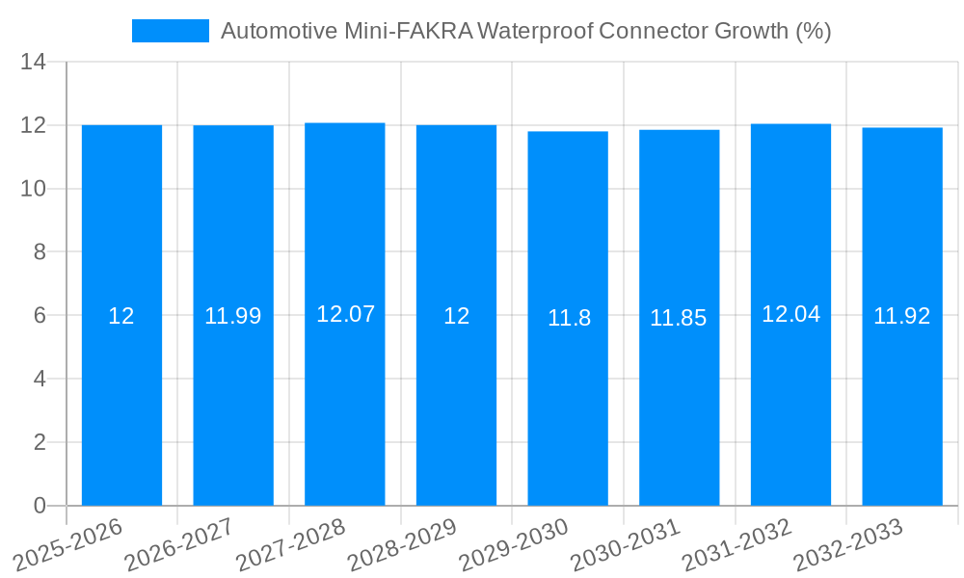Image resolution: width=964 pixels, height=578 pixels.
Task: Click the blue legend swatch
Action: pyautogui.click(x=170, y=31)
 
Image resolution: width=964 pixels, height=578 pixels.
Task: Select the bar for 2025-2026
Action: pyautogui.click(x=121, y=405)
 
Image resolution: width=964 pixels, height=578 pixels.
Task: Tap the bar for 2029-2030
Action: pyautogui.click(x=568, y=405)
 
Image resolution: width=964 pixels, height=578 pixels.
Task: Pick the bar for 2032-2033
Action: pyautogui.click(x=902, y=405)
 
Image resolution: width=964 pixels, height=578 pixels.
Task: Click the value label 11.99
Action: pyautogui.click(x=233, y=316)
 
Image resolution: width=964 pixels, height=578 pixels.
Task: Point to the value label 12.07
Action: pyautogui.click(x=345, y=314)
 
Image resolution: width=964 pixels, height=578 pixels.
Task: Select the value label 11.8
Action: pyautogui.click(x=569, y=318)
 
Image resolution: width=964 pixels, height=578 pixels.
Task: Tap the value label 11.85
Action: pyautogui.click(x=679, y=318)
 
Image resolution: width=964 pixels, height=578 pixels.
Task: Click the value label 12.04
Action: pyautogui.click(x=790, y=314)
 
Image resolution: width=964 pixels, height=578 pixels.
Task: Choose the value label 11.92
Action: pyautogui.click(x=902, y=316)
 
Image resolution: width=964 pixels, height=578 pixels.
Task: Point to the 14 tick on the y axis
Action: pyautogui.click(x=33, y=63)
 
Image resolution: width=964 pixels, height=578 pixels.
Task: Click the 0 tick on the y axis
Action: pyautogui.click(x=40, y=506)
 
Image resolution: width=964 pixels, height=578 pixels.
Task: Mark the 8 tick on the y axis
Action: pyautogui.click(x=40, y=252)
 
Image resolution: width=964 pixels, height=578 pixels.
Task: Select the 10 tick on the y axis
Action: pyautogui.click(x=33, y=189)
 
